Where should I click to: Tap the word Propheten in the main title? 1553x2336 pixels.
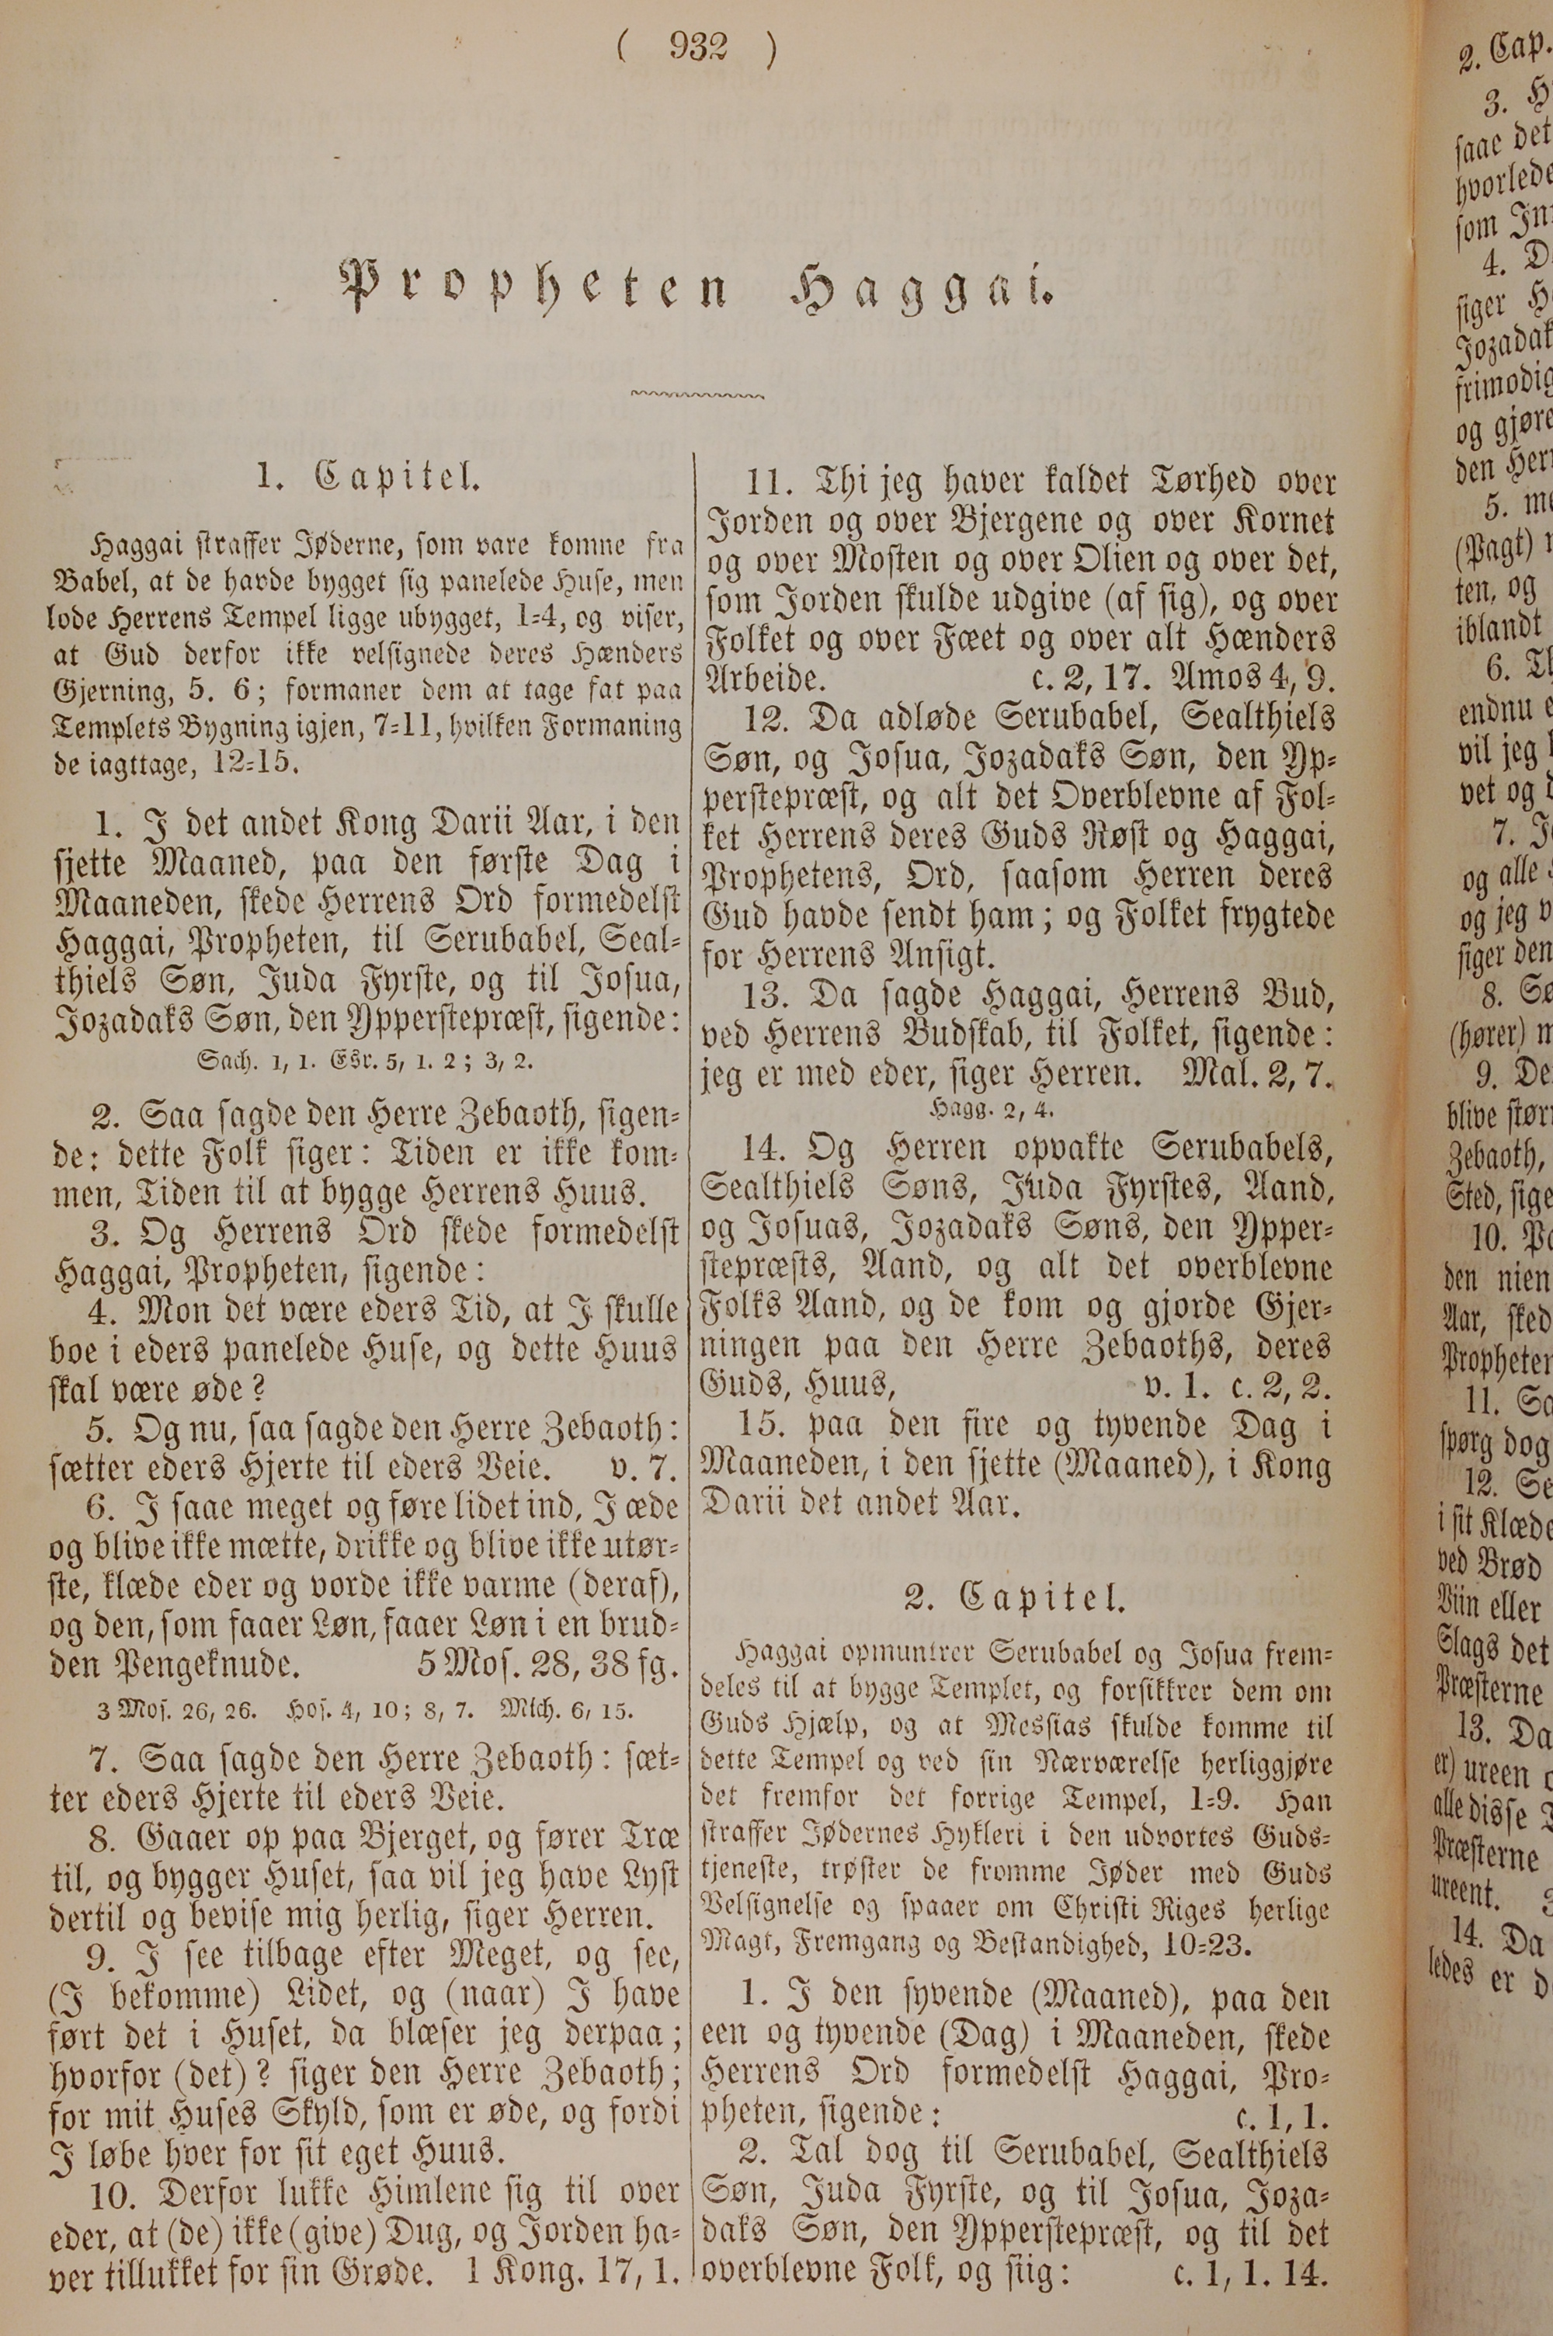click(x=535, y=287)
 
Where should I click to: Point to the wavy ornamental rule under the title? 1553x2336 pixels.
click(x=697, y=396)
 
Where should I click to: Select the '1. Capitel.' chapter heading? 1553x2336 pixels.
click(x=367, y=478)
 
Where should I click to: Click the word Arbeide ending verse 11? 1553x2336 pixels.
click(x=762, y=680)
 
